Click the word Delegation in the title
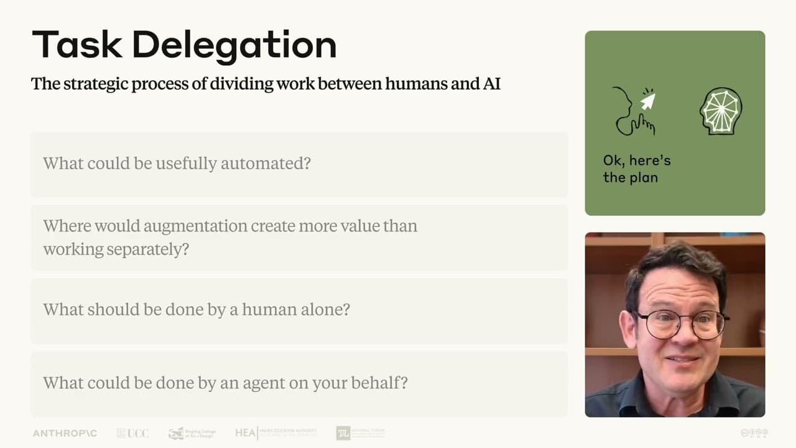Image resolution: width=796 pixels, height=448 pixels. pyautogui.click(x=234, y=45)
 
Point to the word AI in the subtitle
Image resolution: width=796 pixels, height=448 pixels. pyautogui.click(x=491, y=83)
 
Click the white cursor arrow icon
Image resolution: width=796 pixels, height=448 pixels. pyautogui.click(x=648, y=101)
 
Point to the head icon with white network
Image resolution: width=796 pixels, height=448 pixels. pyautogui.click(x=721, y=111)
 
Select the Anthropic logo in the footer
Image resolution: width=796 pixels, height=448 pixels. pyautogui.click(x=65, y=433)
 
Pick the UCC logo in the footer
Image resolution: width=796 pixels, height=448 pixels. pyautogui.click(x=132, y=433)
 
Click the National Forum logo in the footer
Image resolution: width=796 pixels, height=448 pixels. pyautogui.click(x=360, y=433)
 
